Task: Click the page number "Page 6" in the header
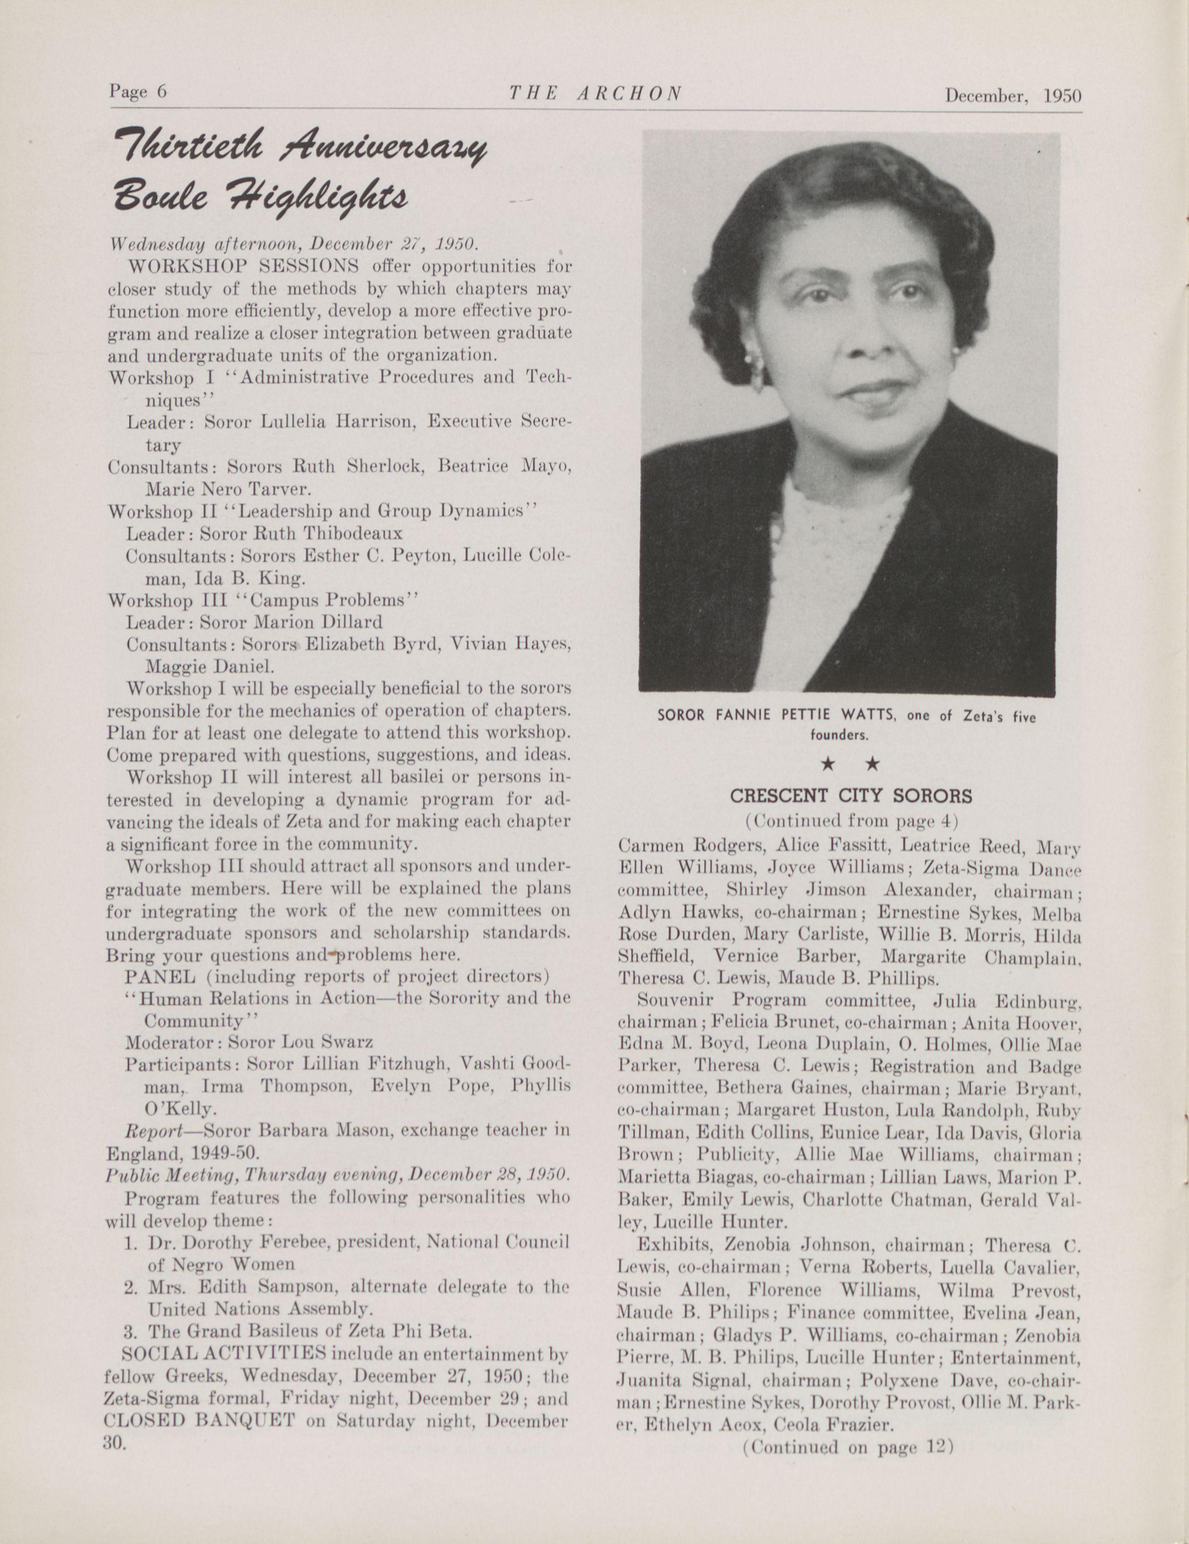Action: click(138, 92)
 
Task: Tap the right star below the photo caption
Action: click(873, 764)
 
